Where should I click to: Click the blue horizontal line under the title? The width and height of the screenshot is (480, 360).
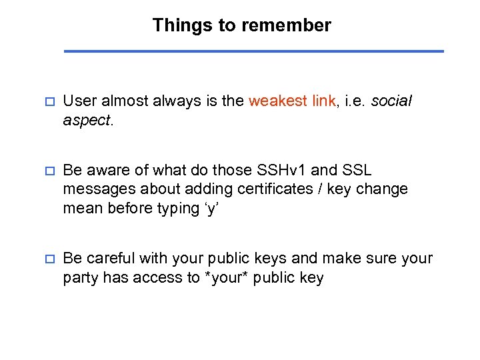[x=253, y=51]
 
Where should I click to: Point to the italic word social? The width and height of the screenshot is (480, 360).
[x=391, y=101]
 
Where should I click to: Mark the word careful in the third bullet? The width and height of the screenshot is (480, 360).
[x=109, y=258]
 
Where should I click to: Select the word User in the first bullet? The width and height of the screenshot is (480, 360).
[x=79, y=101]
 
